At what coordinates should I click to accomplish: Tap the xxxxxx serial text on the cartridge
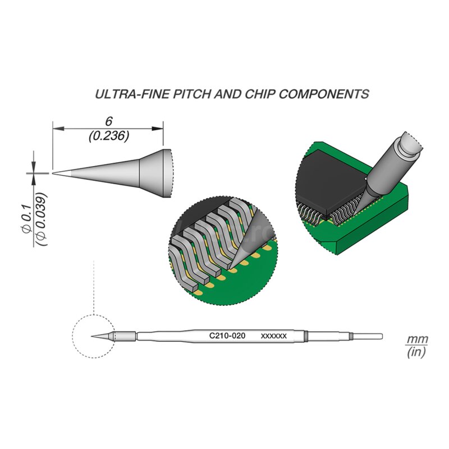coord(274,336)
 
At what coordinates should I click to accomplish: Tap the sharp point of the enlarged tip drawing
coord(54,172)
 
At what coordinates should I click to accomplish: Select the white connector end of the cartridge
coord(368,336)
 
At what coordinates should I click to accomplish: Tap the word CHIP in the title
coord(258,94)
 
